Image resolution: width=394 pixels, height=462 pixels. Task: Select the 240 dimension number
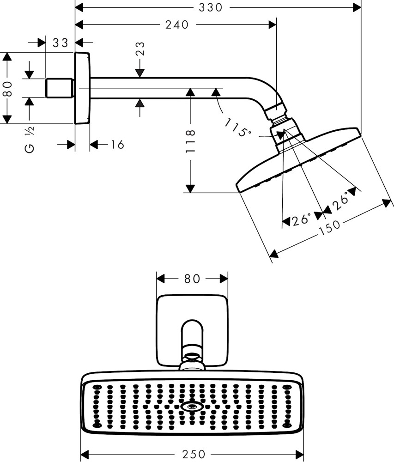tap(177, 25)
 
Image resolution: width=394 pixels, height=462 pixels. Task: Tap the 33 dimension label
tap(61, 43)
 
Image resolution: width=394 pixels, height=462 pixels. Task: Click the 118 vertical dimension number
tap(190, 141)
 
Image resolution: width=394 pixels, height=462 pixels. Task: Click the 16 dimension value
tap(117, 145)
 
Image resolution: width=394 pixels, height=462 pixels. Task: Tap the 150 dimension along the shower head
tap(329, 228)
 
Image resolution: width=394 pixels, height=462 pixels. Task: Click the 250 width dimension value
tap(193, 455)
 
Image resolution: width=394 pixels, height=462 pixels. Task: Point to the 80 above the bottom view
tap(192, 279)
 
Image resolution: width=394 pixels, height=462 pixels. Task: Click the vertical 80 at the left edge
tap(6, 87)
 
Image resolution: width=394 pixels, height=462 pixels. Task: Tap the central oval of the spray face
tap(192, 407)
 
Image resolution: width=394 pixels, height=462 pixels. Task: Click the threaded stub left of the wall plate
tap(61, 88)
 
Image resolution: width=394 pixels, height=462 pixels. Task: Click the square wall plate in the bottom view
tap(192, 319)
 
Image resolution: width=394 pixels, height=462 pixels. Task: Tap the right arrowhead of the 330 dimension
tap(357, 7)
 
